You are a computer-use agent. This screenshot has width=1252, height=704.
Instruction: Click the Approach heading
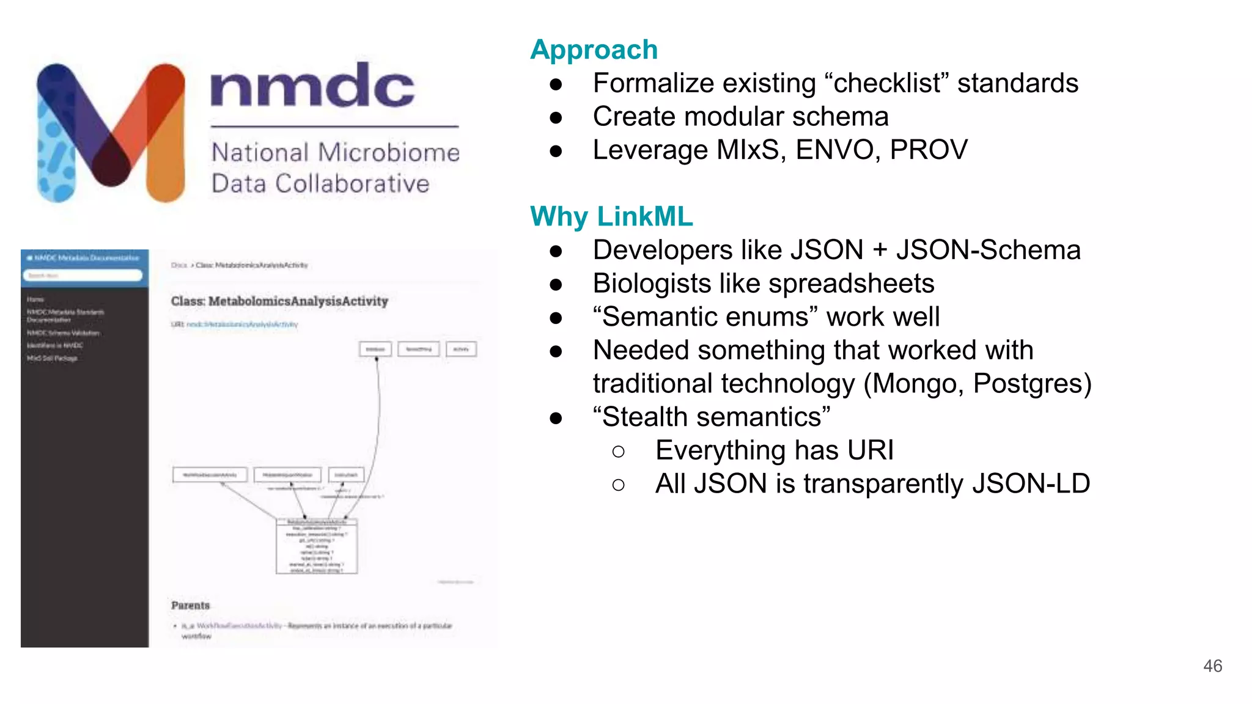594,50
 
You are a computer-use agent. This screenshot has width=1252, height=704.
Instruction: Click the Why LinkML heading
611,217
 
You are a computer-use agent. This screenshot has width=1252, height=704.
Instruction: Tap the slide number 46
1212,666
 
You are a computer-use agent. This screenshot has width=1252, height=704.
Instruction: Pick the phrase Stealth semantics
712,417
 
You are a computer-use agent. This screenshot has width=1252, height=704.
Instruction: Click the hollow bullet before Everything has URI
618,452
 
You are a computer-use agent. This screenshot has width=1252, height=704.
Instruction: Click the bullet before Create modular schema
556,117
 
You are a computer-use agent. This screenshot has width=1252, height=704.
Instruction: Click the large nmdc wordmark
312,87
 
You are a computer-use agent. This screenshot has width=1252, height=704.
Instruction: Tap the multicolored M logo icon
111,133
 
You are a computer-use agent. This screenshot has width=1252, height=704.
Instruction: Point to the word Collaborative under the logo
352,184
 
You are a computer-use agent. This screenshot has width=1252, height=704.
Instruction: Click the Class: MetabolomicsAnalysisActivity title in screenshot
279,301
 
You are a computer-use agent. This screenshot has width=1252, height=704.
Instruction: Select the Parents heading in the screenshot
190,606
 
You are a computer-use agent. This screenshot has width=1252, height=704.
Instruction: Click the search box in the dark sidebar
83,276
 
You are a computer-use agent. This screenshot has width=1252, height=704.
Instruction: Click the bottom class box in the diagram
316,546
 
